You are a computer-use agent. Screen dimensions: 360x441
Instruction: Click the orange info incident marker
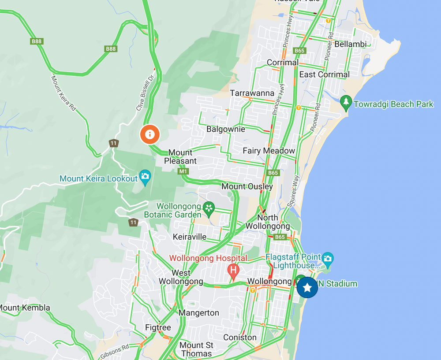150,134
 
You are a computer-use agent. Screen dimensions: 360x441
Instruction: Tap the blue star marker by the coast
307,288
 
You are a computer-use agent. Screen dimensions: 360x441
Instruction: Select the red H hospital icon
233,269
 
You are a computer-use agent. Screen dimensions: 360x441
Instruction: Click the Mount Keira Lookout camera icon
145,177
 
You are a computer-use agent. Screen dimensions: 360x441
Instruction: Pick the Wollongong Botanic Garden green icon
209,207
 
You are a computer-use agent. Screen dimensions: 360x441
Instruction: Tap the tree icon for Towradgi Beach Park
346,103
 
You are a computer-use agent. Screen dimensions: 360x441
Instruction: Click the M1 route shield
183,171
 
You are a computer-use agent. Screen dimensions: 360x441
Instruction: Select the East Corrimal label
324,74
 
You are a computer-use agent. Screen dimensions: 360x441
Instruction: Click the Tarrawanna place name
252,93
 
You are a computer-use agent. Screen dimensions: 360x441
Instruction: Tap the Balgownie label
226,130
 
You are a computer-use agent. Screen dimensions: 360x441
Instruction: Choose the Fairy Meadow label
269,151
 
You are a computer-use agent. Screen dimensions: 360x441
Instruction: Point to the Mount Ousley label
247,186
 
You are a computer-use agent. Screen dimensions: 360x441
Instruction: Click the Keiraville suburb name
190,237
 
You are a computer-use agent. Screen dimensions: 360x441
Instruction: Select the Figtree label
158,328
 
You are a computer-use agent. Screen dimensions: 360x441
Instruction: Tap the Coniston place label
239,338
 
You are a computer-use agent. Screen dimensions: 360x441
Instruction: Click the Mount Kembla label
25,308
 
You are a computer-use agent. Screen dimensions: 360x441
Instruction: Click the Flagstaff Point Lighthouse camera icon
327,258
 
